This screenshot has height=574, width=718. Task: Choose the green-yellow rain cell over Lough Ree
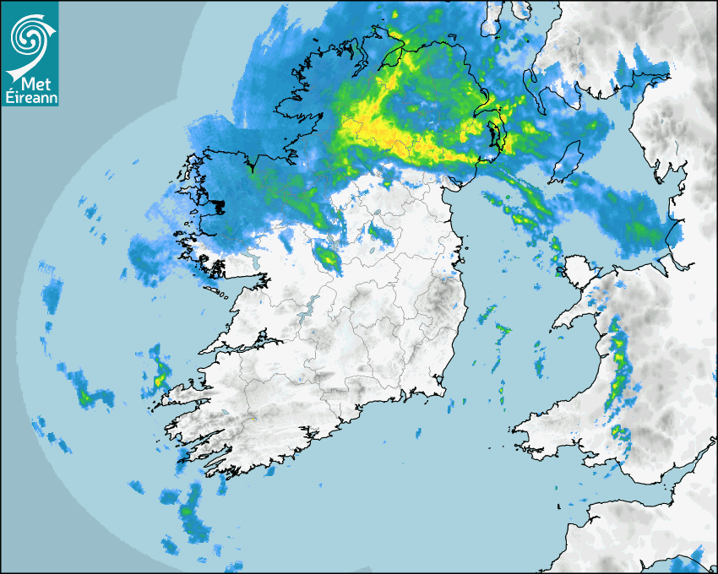tap(328, 257)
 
